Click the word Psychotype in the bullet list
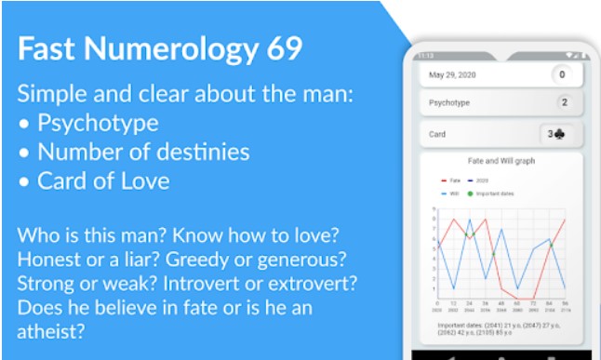coord(98,123)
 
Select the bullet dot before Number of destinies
coord(25,152)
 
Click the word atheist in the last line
coord(48,329)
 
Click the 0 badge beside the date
coord(562,74)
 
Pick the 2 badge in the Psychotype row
coord(563,103)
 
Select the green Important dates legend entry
coord(493,193)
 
